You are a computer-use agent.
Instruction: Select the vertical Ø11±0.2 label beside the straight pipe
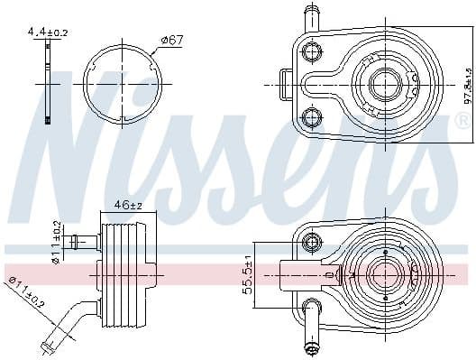[x=55, y=243]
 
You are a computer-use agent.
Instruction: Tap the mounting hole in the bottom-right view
[x=313, y=240]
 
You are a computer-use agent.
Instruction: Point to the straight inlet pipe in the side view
[x=83, y=242]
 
